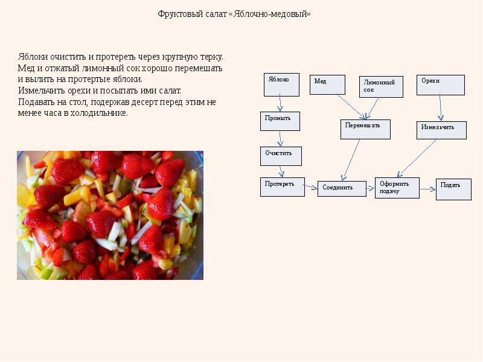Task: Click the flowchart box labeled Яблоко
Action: click(281, 84)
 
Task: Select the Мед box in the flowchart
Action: click(327, 84)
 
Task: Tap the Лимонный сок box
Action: click(381, 87)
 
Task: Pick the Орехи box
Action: click(440, 84)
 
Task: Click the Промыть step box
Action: click(280, 121)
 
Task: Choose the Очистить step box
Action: click(281, 156)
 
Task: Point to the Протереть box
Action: click(282, 186)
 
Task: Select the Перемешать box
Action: click(365, 129)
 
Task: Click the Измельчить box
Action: click(441, 130)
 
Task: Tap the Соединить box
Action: click(342, 189)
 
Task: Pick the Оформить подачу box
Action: click(397, 188)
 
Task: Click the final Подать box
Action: click(453, 189)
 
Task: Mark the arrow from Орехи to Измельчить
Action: click(440, 108)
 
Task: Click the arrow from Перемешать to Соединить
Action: click(351, 160)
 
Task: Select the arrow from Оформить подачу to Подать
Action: click(427, 189)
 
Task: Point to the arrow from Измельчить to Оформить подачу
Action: click(417, 158)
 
